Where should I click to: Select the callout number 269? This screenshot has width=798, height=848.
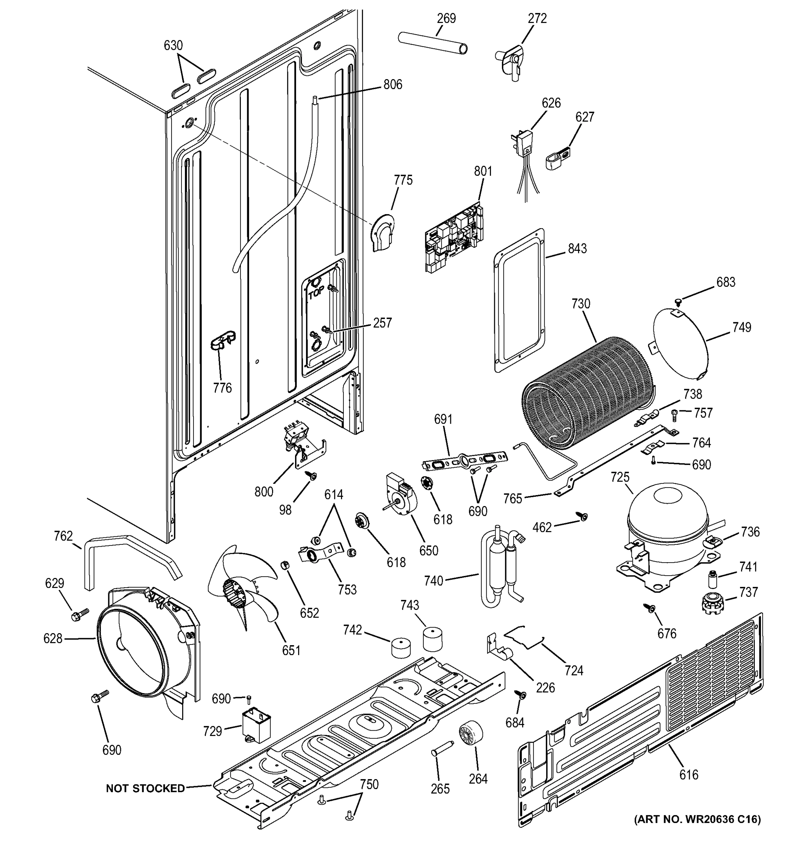(446, 18)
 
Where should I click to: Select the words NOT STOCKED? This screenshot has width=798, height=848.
(145, 788)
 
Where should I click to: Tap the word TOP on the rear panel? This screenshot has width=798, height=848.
(316, 293)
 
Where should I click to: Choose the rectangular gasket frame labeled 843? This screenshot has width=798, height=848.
(519, 301)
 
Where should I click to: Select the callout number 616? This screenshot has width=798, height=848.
(689, 774)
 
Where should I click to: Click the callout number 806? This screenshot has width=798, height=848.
(392, 84)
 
